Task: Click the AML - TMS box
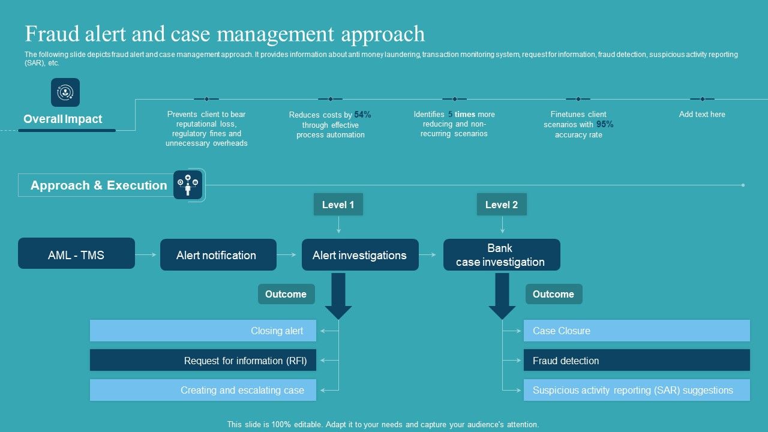click(76, 253)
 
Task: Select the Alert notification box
click(218, 255)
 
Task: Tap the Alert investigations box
click(360, 255)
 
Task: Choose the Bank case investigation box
click(502, 255)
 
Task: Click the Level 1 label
click(338, 205)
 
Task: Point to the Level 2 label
click(502, 205)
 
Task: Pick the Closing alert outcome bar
click(203, 331)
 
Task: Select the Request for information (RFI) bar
click(203, 360)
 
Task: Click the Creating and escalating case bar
click(203, 390)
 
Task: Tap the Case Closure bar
click(637, 331)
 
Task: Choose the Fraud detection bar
click(637, 360)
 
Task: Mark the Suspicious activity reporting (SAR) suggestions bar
click(637, 390)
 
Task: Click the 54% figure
click(362, 115)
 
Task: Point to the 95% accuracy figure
click(605, 124)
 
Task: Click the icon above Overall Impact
click(65, 92)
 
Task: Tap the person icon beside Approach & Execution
click(188, 185)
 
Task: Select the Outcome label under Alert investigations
click(286, 294)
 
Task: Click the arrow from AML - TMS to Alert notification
click(146, 255)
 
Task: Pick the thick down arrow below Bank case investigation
click(502, 296)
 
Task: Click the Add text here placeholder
click(702, 114)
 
